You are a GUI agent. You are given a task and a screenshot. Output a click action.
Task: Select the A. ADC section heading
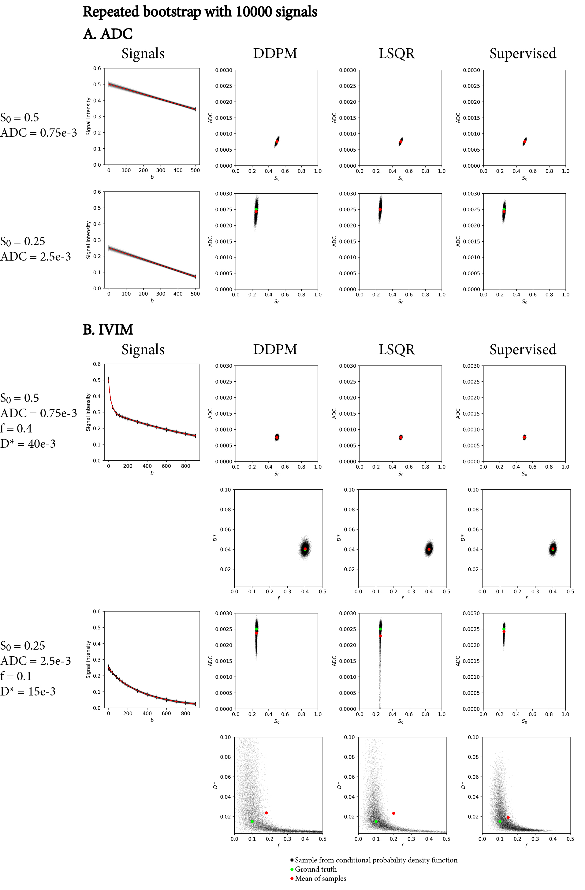click(x=108, y=34)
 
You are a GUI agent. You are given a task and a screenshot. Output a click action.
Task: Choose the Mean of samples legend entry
click(x=320, y=878)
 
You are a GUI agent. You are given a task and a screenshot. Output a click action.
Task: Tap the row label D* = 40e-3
click(x=28, y=444)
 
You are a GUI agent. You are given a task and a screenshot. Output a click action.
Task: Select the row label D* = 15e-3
click(x=28, y=692)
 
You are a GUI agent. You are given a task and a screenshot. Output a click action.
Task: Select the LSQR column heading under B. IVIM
click(x=397, y=350)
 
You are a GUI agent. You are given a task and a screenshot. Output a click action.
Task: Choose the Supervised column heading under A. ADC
click(x=523, y=54)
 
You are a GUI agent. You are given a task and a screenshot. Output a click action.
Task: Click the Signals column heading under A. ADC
click(x=143, y=54)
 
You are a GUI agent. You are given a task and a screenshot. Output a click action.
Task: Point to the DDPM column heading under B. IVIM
click(x=275, y=350)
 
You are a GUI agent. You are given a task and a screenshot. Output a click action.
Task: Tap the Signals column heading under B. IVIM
click(x=143, y=350)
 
